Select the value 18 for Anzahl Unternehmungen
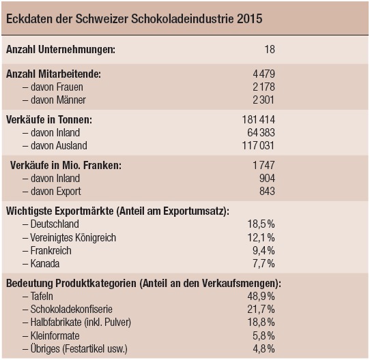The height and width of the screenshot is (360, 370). tap(270, 50)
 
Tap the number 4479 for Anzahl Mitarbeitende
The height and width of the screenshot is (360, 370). tap(264, 74)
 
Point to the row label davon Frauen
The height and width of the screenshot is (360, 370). tap(53, 87)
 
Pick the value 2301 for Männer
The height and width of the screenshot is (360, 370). tap(264, 100)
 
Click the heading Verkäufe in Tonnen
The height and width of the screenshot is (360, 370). tap(49, 120)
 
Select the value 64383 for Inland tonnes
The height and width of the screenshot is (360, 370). tap(261, 132)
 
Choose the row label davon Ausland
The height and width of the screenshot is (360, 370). tap(55, 145)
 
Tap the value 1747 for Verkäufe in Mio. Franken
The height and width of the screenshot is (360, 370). tap(264, 165)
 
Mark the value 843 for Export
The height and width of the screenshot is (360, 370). tap(267, 191)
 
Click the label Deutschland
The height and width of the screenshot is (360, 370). tap(55, 224)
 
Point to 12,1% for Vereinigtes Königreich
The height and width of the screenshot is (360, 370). tap(261, 238)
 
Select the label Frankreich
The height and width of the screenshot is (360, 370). tap(51, 251)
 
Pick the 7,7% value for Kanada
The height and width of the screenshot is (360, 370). tap(264, 264)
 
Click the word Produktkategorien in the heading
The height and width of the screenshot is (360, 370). tap(96, 284)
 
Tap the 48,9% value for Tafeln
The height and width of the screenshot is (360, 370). tap(261, 297)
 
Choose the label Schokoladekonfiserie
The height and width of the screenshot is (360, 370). tap(71, 310)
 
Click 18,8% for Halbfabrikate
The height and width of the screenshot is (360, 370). tap(261, 322)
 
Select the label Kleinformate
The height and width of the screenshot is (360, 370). tap(55, 336)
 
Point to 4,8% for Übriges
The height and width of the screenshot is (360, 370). tap(264, 349)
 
